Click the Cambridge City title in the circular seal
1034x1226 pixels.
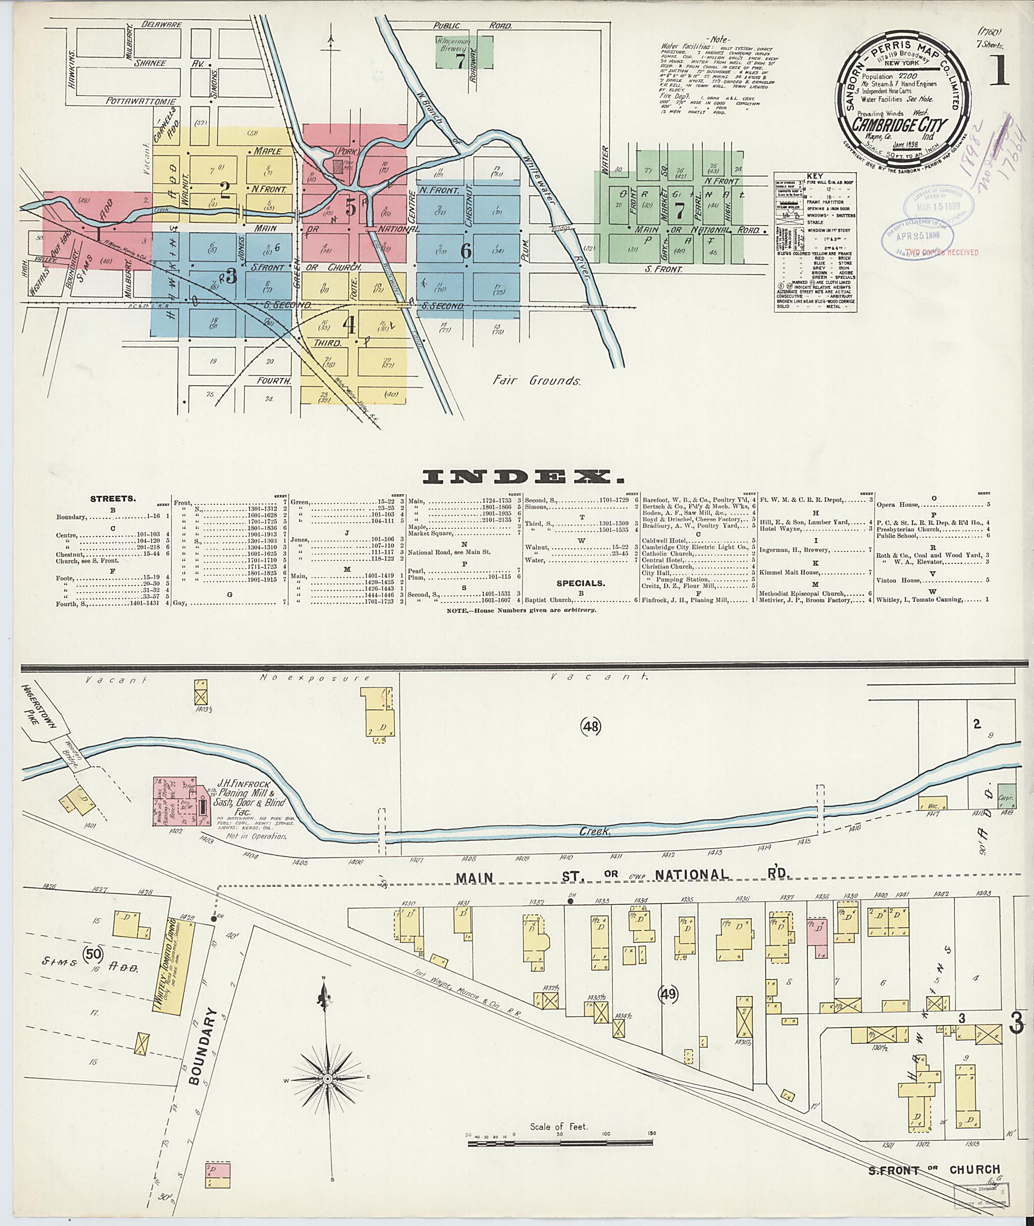click(x=900, y=124)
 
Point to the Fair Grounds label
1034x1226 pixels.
click(x=536, y=381)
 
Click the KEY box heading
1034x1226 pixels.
click(x=814, y=176)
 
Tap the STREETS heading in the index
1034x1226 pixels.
click(x=113, y=499)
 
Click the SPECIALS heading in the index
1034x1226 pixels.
click(x=580, y=583)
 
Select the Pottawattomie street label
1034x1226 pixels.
click(x=142, y=101)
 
